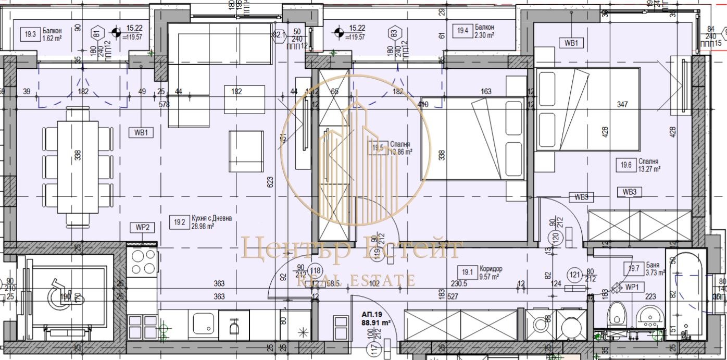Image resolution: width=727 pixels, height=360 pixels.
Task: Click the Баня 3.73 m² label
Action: point(645,268)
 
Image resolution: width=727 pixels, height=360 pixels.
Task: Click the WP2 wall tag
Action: point(143,227)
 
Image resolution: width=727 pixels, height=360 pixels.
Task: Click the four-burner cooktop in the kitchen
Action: point(143,262)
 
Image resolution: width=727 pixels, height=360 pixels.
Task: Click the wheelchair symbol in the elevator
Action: point(59,297)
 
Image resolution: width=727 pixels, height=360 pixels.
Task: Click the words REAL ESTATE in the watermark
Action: point(356,280)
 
